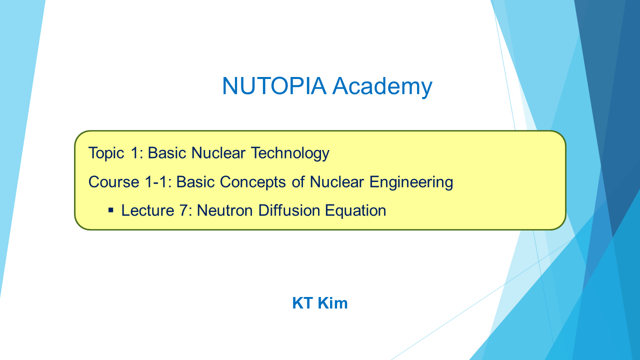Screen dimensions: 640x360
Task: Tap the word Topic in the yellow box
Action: pos(106,153)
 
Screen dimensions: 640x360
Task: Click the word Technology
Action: pos(290,153)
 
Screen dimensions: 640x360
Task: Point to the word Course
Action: pos(113,182)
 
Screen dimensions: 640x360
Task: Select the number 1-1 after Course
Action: pos(157,182)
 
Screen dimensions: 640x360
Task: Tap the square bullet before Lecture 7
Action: pos(111,211)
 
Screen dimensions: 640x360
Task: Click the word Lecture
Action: pos(147,210)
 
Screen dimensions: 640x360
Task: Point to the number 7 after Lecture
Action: pos(183,210)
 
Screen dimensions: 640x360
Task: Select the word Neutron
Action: pos(225,210)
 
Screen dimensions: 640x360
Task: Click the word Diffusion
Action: pos(289,210)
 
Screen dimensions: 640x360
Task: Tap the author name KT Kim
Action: pos(319,303)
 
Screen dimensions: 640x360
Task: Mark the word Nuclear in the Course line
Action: pos(337,182)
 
